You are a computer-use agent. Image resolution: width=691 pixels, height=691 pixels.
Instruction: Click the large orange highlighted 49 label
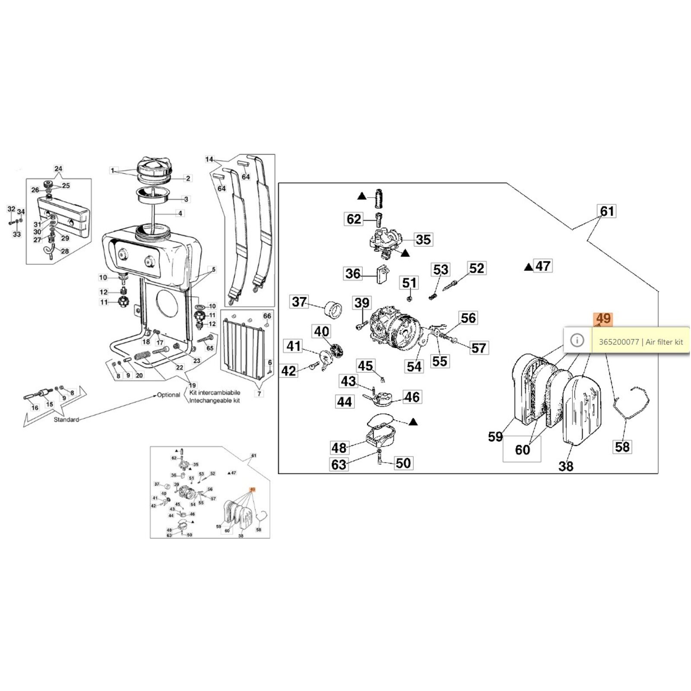(x=603, y=319)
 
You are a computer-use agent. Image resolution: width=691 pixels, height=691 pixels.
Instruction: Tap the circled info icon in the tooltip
(x=577, y=340)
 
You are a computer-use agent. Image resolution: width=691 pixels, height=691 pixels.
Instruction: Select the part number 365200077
(x=618, y=342)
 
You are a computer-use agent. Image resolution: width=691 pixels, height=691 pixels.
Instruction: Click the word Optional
(x=168, y=395)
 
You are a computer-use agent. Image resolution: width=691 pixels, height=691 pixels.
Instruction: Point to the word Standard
(x=66, y=419)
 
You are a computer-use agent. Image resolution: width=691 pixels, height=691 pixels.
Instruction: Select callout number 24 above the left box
(x=58, y=169)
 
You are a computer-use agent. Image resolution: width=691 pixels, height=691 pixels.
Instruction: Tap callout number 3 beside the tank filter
(x=186, y=199)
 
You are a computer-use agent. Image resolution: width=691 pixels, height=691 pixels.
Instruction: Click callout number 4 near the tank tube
(x=180, y=213)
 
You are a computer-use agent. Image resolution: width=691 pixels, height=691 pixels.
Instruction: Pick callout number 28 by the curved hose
(x=65, y=251)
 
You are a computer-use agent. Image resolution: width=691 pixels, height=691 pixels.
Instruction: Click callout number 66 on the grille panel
(x=267, y=316)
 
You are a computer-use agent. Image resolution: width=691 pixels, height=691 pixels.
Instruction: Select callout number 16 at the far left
(x=35, y=407)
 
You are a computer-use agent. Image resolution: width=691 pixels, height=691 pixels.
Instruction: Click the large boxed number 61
(x=607, y=211)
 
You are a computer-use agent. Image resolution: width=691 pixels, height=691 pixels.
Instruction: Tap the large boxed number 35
(x=423, y=239)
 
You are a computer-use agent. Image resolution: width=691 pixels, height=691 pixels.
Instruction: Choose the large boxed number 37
(x=299, y=301)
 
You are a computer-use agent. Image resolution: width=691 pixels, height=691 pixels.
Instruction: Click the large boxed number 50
(x=403, y=463)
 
